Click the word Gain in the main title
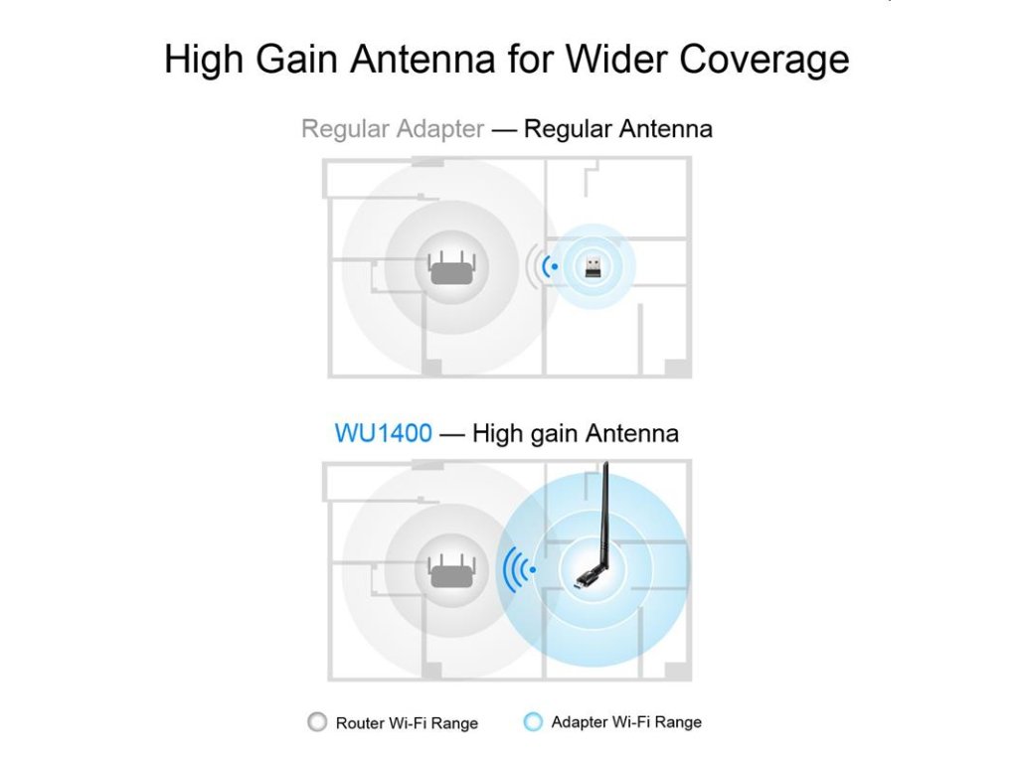(x=296, y=59)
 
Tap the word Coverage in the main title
(x=764, y=61)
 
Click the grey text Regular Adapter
(x=393, y=129)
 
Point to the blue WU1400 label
(x=383, y=433)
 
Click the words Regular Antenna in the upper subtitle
(x=618, y=128)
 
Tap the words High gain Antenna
(x=576, y=433)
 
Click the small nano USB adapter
(x=593, y=266)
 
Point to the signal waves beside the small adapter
(x=543, y=266)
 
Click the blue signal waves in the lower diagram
(x=519, y=569)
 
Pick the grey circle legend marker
(x=317, y=721)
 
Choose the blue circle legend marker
(x=533, y=721)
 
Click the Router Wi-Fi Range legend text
(x=407, y=723)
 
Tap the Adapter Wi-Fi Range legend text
(x=626, y=722)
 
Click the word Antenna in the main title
(x=424, y=59)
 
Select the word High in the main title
(x=203, y=61)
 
